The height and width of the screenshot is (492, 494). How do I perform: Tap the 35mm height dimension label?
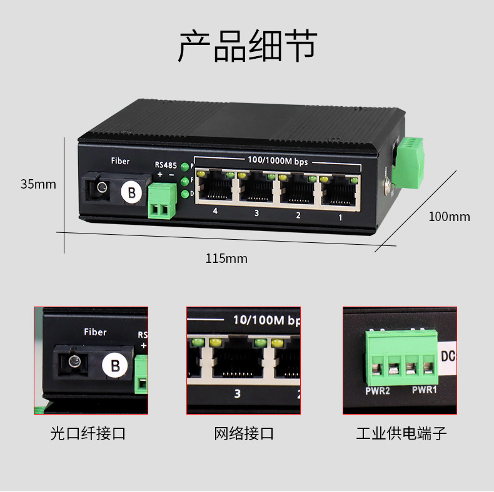38,184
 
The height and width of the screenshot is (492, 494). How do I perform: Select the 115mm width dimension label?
226,258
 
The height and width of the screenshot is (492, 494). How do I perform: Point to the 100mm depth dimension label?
449,217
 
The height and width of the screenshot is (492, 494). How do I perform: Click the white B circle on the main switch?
131,192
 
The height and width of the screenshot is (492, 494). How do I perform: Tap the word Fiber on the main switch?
120,161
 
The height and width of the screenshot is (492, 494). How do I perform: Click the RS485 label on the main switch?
166,165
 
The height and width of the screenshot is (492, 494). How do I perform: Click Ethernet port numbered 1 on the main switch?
341,189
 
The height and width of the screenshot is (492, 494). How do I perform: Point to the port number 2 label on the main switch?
298,215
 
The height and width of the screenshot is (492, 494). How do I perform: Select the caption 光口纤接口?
88,433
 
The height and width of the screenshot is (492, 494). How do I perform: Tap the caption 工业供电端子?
401,433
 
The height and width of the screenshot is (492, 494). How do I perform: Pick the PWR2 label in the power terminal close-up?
378,392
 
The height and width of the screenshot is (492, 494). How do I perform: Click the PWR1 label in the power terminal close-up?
425,391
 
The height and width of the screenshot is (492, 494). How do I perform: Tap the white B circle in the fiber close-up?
114,365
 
